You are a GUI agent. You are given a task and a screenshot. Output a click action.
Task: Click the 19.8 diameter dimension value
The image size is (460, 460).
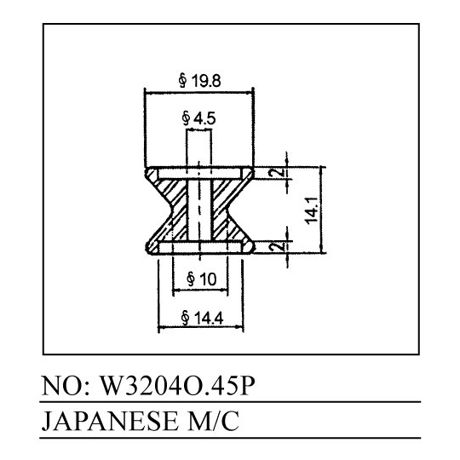pos(206,81)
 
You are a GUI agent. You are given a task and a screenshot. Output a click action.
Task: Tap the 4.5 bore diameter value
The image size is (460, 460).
pos(204,118)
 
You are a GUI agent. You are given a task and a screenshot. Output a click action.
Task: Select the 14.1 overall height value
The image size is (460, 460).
pos(312,210)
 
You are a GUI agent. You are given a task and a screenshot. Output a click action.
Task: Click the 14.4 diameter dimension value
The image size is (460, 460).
pos(209,318)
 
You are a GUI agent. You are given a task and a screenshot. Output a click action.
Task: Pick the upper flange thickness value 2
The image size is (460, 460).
pos(280,172)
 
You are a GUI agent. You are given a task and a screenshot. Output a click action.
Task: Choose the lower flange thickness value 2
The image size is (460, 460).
pos(280,246)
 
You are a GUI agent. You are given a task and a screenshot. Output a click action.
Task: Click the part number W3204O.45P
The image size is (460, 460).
pos(177,386)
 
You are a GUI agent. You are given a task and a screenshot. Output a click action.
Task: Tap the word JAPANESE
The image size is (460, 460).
pos(109,421)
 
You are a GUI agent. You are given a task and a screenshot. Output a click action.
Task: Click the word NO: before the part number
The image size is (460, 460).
pos(65,386)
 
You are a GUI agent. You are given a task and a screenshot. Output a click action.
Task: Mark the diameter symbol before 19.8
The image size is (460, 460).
pos(183,81)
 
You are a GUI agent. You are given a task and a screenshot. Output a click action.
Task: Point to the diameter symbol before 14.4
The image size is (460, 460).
pos(185,318)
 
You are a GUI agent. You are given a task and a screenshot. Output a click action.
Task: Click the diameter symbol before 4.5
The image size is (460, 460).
pos(186,118)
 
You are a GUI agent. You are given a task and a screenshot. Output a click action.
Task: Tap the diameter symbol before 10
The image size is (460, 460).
pos(191,279)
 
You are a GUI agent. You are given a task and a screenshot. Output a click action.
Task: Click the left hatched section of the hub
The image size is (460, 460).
pos(171,205)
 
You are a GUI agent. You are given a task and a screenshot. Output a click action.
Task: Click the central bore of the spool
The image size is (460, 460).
pos(199,209)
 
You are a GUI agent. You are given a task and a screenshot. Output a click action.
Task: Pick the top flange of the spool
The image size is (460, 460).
pos(199,172)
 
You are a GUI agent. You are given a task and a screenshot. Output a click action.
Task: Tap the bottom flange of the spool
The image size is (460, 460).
pos(199,247)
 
